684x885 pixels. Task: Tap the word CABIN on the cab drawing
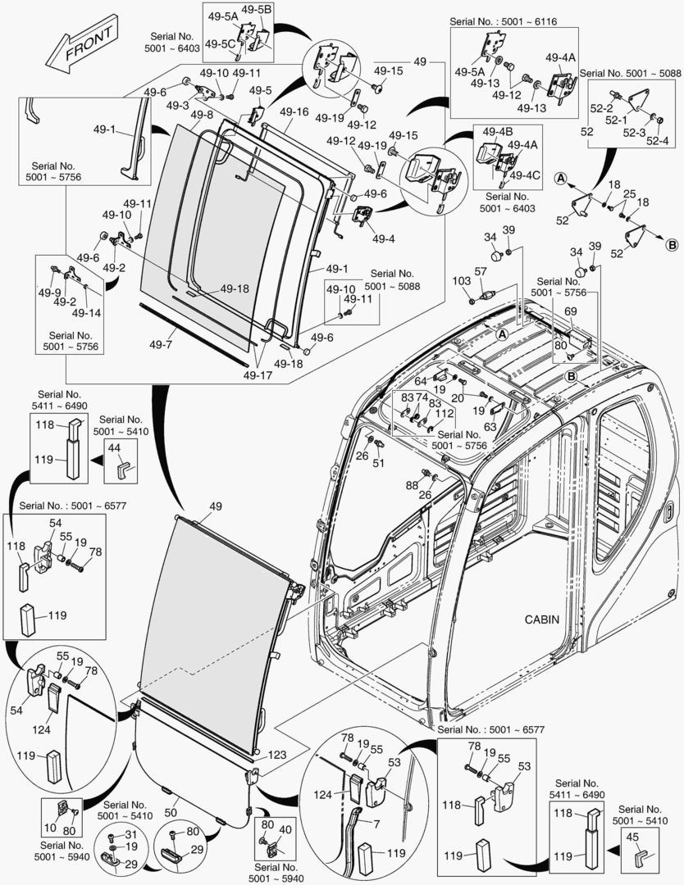(x=542, y=619)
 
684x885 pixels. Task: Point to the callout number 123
(x=276, y=756)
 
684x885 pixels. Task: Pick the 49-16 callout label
(x=293, y=111)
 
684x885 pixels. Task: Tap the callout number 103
(x=462, y=281)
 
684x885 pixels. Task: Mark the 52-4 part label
(x=656, y=141)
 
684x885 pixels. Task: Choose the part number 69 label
(x=570, y=311)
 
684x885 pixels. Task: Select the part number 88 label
(x=412, y=485)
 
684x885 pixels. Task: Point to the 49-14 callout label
(x=85, y=312)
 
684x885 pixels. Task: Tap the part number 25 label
(x=628, y=194)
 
